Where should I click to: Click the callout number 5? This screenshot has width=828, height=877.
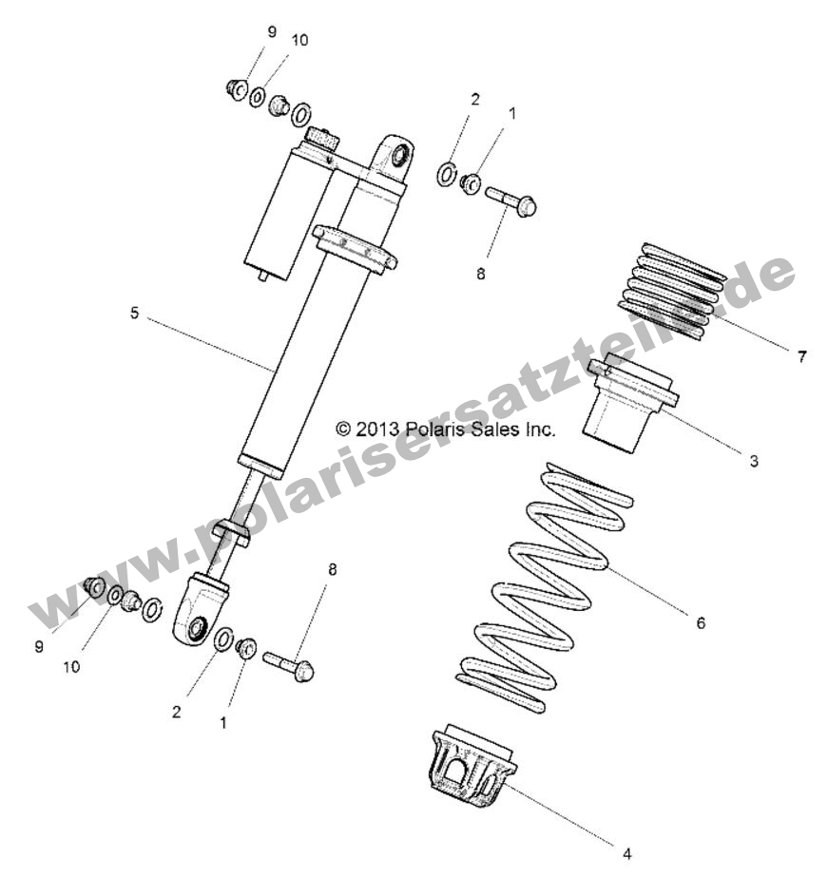coord(134,313)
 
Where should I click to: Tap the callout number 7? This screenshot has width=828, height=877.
coord(801,356)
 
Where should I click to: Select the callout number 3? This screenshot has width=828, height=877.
coord(753,462)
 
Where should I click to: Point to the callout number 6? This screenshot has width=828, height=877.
coord(701,623)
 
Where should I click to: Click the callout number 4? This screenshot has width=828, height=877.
coord(626,851)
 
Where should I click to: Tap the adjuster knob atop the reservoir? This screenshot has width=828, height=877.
coord(321,142)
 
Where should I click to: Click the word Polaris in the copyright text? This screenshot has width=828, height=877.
coord(438,429)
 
